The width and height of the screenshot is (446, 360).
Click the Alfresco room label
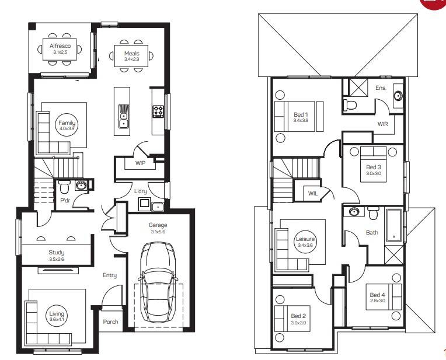click(60, 46)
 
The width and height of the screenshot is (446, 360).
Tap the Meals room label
click(131, 53)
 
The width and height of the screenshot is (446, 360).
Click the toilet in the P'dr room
click(65, 188)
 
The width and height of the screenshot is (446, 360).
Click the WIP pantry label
click(140, 163)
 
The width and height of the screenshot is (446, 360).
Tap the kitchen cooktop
click(158, 111)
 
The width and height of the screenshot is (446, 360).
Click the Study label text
click(56, 253)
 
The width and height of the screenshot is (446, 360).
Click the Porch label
click(110, 321)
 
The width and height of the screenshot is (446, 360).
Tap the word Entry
click(109, 275)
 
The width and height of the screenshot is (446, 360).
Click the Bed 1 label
click(301, 115)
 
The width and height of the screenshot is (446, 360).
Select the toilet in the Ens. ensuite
click(351, 105)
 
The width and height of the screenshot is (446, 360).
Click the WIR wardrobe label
click(383, 124)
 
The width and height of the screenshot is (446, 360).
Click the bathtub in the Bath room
click(395, 226)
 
